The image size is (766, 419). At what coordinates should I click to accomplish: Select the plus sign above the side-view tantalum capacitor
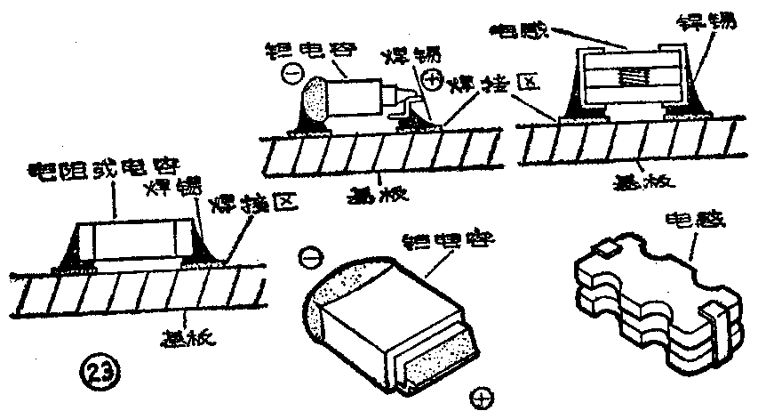click(433, 81)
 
